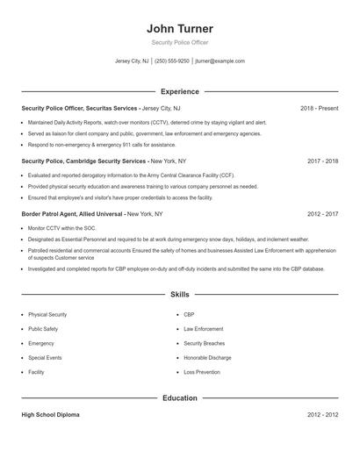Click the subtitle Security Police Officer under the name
click(x=180, y=42)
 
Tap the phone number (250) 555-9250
click(x=172, y=61)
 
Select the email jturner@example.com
click(x=220, y=61)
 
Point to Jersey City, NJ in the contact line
click(x=132, y=61)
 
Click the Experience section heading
click(x=180, y=91)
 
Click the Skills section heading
click(x=180, y=296)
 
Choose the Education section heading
click(x=180, y=397)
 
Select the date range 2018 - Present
click(x=319, y=108)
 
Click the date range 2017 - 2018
click(x=322, y=161)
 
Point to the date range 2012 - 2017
click(x=322, y=213)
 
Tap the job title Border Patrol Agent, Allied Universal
click(x=73, y=213)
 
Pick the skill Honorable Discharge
click(x=207, y=358)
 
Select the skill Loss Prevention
click(x=202, y=373)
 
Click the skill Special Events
click(x=45, y=358)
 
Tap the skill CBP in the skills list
click(x=189, y=314)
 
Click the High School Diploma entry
click(x=50, y=414)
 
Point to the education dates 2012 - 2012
click(x=322, y=414)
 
